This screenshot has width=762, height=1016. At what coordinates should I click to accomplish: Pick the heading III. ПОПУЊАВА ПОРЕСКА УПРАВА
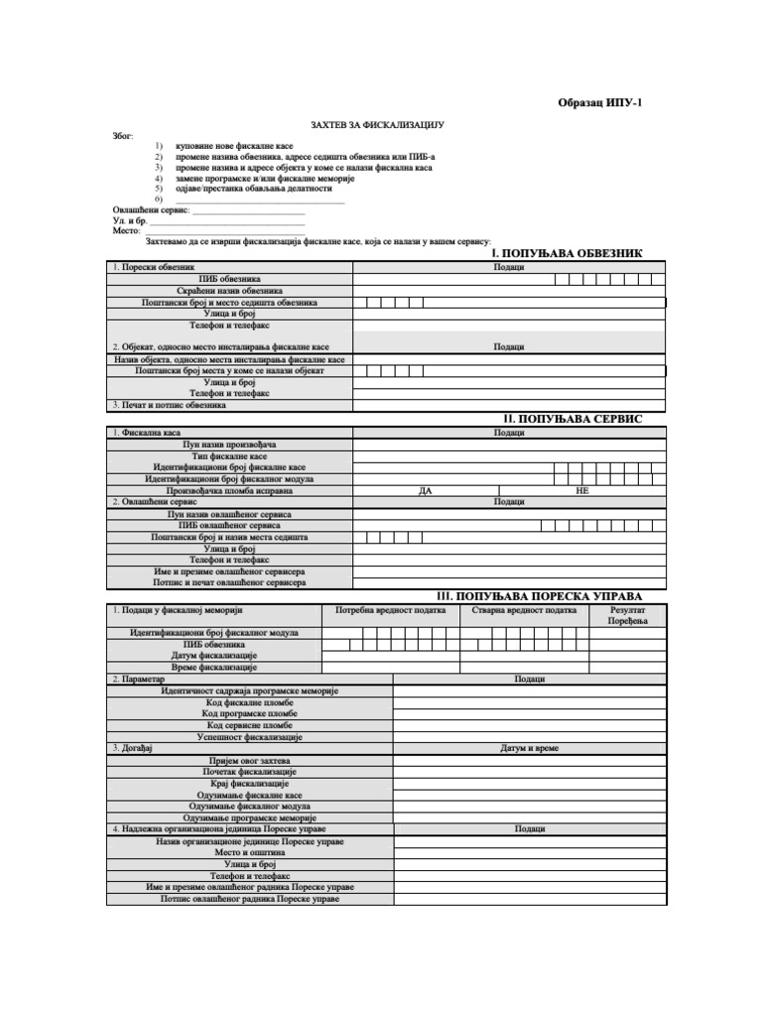[x=539, y=595]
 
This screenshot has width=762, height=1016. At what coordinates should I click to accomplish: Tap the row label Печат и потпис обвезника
[x=170, y=405]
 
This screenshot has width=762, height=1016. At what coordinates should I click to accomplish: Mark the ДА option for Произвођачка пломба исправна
[x=426, y=491]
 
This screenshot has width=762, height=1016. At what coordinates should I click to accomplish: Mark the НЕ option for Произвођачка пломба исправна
[x=582, y=491]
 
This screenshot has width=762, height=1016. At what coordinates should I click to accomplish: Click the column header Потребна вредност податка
[x=391, y=611]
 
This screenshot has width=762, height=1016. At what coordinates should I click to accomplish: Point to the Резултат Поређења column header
[x=627, y=616]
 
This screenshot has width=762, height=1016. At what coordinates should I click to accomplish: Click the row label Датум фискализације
[x=214, y=656]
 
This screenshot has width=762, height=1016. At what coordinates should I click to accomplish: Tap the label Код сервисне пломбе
[x=249, y=725]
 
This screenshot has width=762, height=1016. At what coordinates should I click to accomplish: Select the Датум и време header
[x=530, y=748]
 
